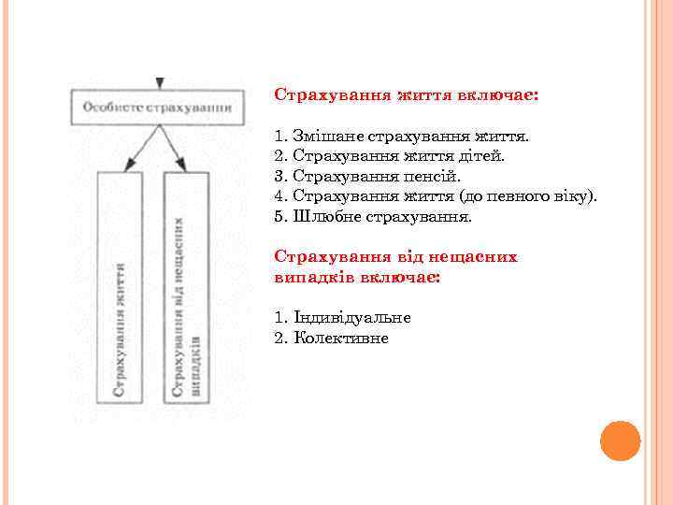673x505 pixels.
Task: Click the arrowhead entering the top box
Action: pyautogui.click(x=160, y=82)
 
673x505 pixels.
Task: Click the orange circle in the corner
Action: pyautogui.click(x=620, y=440)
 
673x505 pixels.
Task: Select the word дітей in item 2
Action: pyautogui.click(x=483, y=155)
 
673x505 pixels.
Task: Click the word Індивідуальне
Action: pyautogui.click(x=351, y=317)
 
